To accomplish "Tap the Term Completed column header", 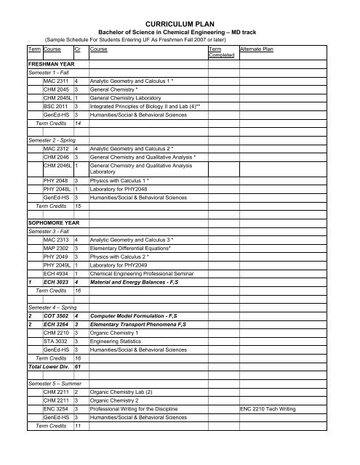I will [x=220, y=52].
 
